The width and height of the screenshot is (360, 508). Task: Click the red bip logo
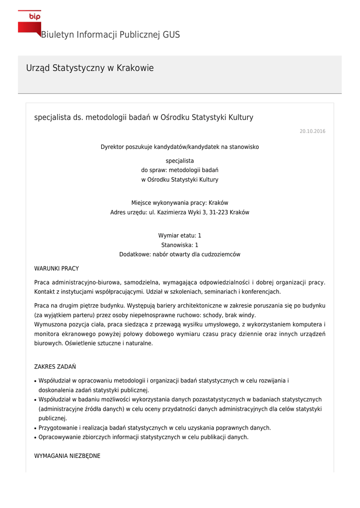(x=30, y=23)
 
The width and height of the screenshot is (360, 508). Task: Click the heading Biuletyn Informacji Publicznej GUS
(x=110, y=35)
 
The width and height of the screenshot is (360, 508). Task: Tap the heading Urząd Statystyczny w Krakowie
(x=90, y=68)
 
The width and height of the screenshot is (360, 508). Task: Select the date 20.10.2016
(x=312, y=131)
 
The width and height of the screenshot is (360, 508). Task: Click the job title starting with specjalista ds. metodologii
(x=144, y=118)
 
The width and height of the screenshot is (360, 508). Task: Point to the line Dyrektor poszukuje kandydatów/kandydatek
(x=180, y=147)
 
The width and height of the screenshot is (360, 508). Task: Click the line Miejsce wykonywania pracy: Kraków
(x=180, y=203)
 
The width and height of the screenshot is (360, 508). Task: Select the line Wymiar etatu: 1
(x=180, y=235)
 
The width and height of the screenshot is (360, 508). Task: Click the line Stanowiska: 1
(x=180, y=245)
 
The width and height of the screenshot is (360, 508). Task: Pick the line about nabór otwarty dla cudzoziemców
(x=180, y=254)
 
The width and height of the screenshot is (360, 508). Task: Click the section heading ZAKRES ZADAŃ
(x=55, y=367)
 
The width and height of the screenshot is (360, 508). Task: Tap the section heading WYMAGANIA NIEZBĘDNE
(x=67, y=456)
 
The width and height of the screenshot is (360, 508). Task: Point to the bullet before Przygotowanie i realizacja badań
(x=35, y=428)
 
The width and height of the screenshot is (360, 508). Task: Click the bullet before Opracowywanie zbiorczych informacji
(x=35, y=438)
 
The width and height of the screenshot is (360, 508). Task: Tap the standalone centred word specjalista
(x=180, y=161)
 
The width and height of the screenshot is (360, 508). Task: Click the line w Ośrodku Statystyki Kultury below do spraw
(x=180, y=180)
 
